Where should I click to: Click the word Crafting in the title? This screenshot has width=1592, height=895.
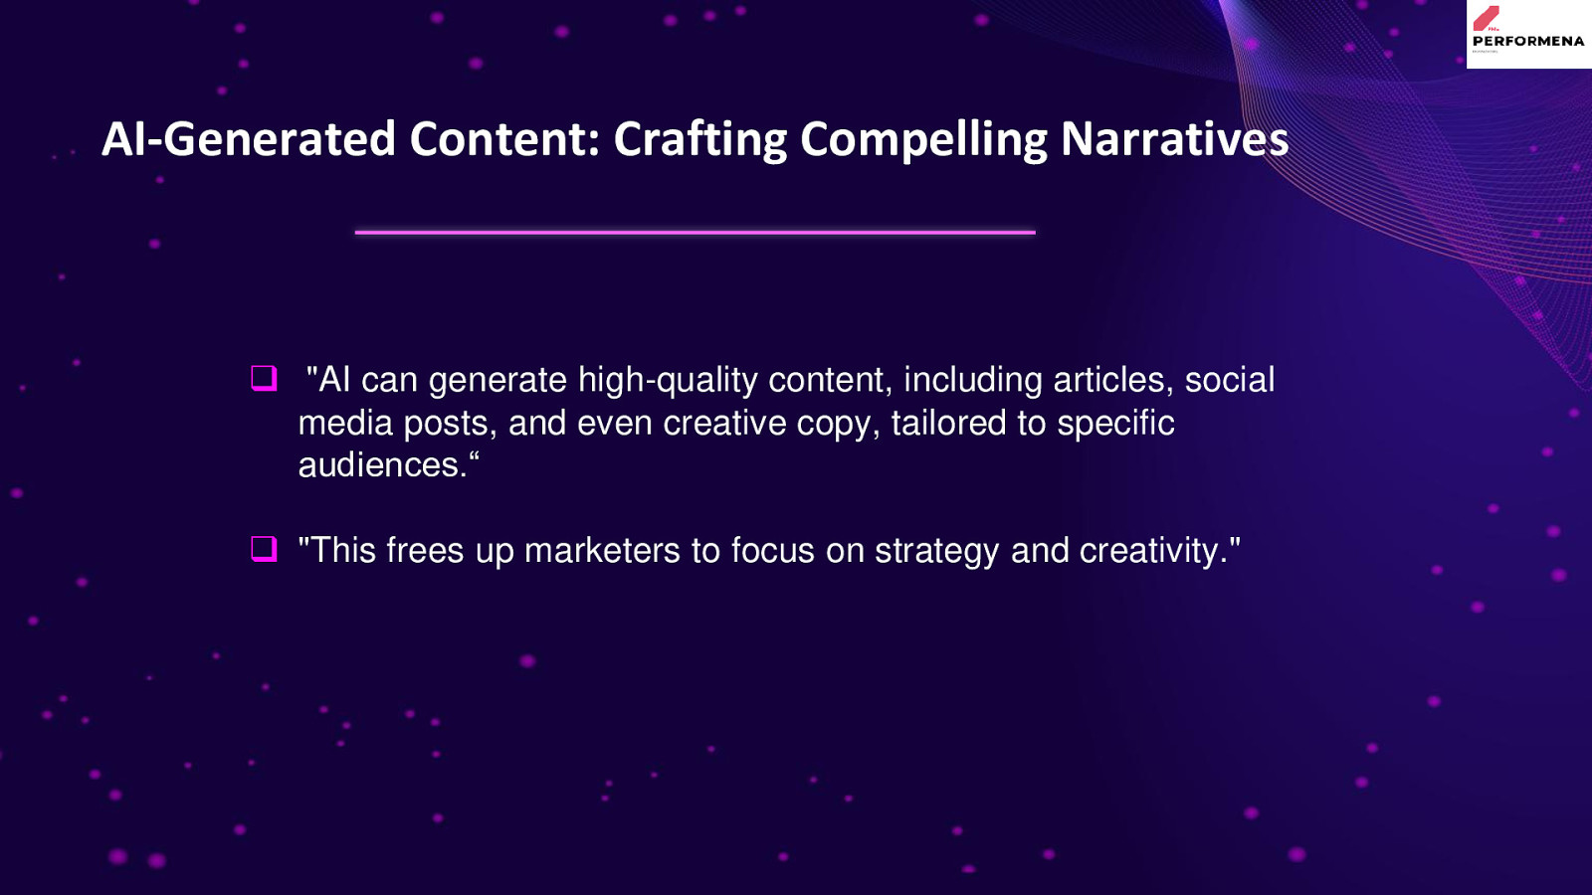click(700, 139)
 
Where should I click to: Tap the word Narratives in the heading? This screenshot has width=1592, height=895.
click(1174, 138)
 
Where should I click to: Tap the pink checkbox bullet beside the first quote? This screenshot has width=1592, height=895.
click(264, 378)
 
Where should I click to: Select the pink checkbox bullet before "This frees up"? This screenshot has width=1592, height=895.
click(264, 548)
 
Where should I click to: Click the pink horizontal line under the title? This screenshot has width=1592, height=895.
click(696, 233)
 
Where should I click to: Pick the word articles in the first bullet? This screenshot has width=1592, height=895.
click(1113, 379)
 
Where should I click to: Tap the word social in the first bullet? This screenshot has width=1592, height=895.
click(1230, 379)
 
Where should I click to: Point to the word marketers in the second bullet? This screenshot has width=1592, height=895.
click(602, 551)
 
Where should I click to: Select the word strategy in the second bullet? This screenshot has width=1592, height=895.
click(936, 552)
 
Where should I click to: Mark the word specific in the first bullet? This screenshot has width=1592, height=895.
click(1115, 424)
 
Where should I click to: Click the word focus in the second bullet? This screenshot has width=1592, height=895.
click(772, 551)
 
